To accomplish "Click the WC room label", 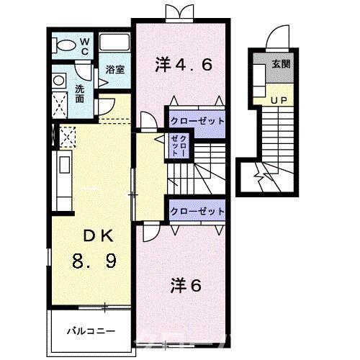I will [84, 46].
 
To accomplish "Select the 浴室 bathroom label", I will [114, 70].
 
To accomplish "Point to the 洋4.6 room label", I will [184, 66].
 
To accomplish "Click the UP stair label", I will [279, 99].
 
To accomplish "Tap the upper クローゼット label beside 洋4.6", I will [197, 120].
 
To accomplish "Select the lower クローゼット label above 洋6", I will [197, 212].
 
